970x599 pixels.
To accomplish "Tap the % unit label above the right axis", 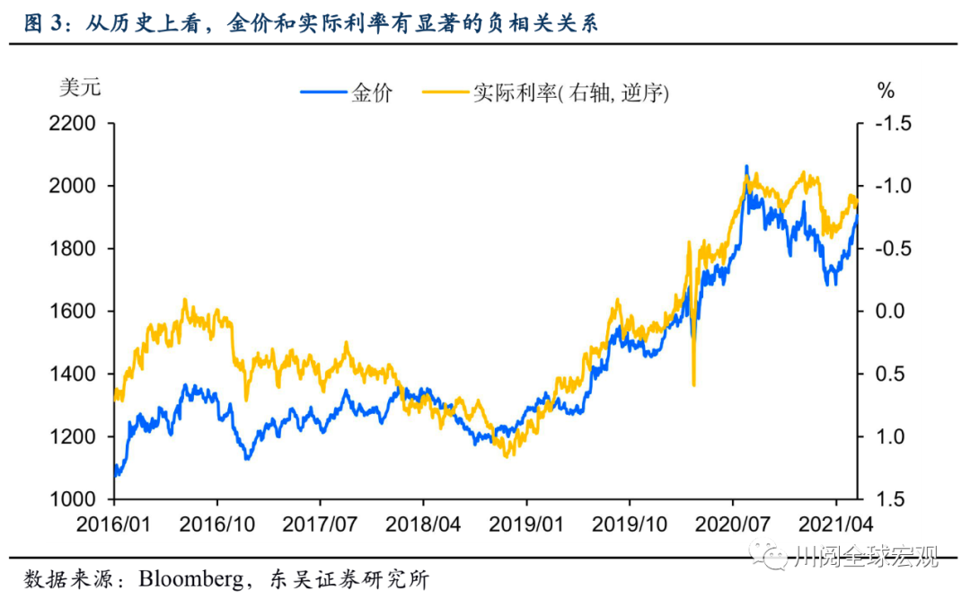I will pyautogui.click(x=886, y=90).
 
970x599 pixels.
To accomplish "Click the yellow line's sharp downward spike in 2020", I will pyautogui.click(x=693, y=383).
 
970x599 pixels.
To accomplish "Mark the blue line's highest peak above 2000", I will pyautogui.click(x=745, y=168).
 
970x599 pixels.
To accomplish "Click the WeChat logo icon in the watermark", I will pyautogui.click(x=773, y=558).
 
